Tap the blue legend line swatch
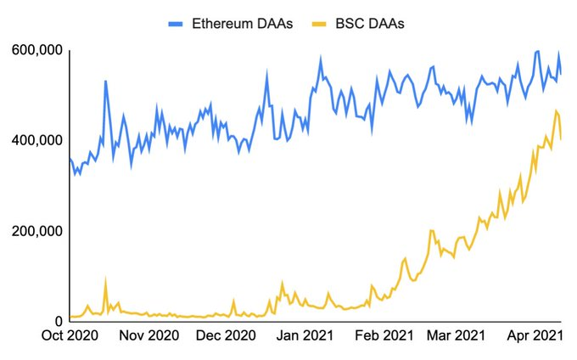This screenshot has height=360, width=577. (x=176, y=23)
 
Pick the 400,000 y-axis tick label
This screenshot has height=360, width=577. (x=37, y=140)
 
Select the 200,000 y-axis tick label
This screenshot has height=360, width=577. (x=37, y=231)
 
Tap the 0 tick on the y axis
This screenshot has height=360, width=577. (x=59, y=321)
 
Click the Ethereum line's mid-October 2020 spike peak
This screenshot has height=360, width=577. (x=105, y=82)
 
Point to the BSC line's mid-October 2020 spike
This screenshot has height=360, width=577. (x=105, y=280)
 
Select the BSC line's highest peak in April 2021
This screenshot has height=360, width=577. (x=556, y=111)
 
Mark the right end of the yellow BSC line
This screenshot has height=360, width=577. (x=561, y=138)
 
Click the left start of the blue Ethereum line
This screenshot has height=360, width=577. (x=69, y=158)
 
